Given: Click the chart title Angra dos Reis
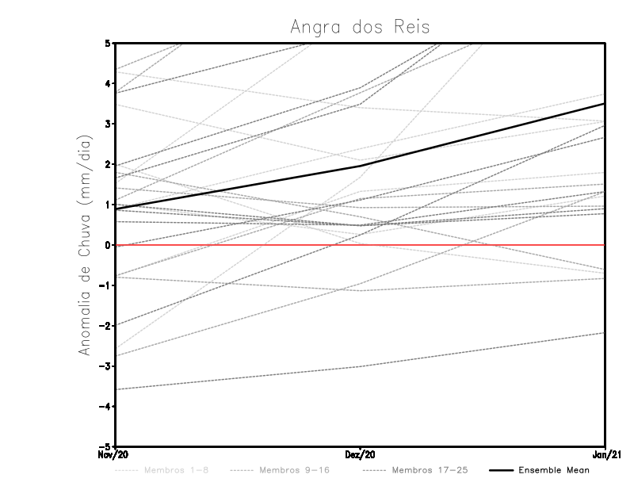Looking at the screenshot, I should tap(360, 27).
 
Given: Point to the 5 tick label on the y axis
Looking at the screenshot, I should tap(107, 43).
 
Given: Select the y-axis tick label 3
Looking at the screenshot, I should tap(107, 124).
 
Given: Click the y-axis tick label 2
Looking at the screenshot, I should tap(107, 164).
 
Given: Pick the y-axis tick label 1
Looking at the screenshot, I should tap(107, 205).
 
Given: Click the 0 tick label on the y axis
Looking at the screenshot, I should tap(107, 245).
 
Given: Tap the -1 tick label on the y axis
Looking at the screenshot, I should tap(105, 285).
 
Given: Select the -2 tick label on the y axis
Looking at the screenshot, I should tap(105, 326).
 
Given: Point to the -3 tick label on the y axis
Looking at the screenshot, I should tap(105, 366).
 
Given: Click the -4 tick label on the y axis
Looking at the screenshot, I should tap(105, 407).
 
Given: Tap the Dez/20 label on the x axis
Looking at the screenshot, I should tap(361, 455).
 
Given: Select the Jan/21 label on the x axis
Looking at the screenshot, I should tap(605, 455).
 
